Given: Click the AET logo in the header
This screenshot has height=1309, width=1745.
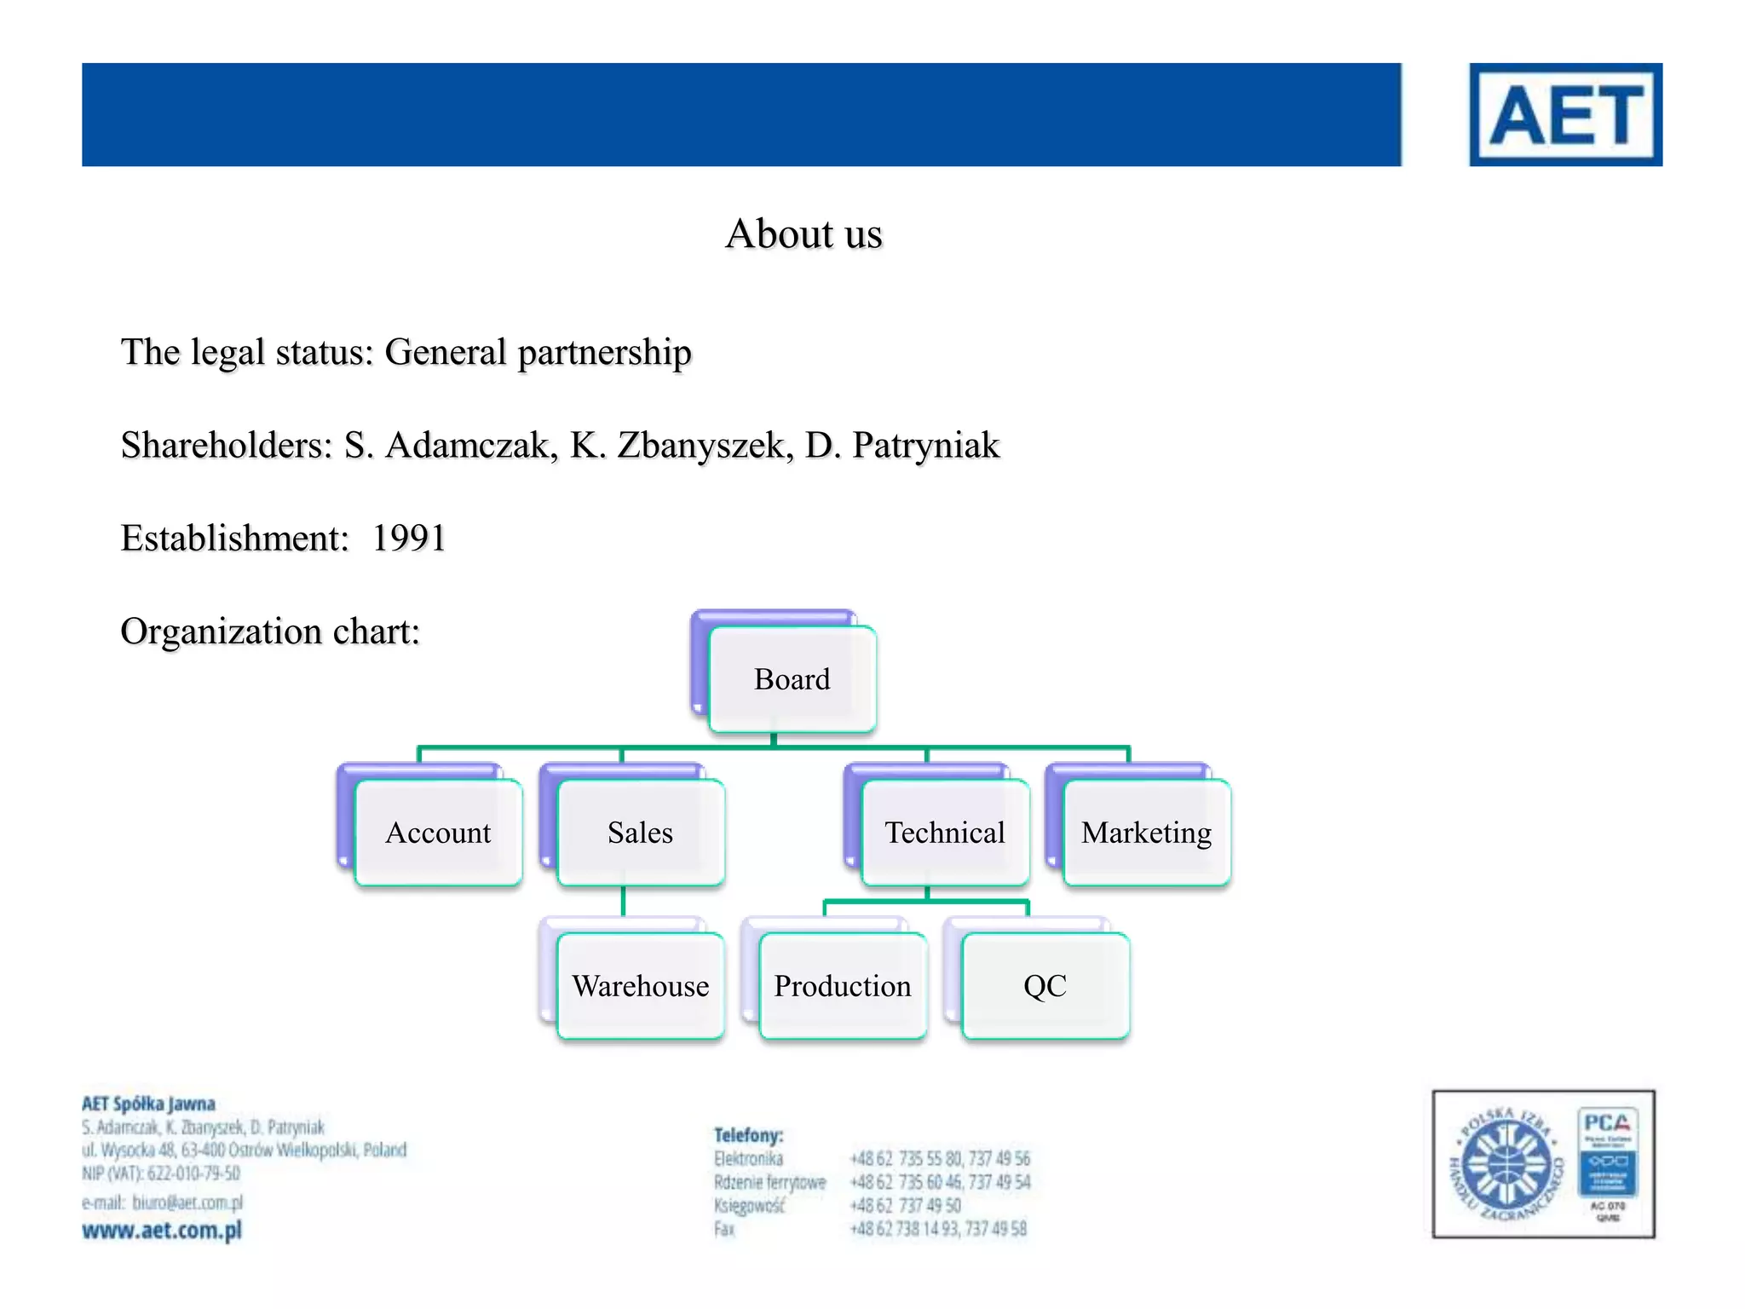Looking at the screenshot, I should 1565,114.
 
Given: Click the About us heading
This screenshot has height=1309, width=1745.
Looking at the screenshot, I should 803,234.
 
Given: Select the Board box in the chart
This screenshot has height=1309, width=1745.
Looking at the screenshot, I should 792,679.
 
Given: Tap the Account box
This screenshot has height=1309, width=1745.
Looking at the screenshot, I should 438,833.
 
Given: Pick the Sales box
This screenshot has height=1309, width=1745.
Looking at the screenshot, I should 640,833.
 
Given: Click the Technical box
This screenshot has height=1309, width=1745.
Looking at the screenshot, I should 945,833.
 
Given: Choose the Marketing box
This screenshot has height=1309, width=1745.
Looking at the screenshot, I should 1146,833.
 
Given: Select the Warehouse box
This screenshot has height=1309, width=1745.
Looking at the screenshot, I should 640,986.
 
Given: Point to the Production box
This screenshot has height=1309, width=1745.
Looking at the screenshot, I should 842,986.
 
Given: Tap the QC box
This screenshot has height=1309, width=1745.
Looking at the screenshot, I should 1045,986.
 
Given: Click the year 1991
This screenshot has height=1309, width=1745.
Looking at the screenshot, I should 409,539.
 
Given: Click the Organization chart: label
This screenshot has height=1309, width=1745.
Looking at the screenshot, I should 270,631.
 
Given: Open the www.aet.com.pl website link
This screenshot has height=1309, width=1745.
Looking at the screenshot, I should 162,1231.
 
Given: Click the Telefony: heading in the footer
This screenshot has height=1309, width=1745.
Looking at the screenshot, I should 748,1135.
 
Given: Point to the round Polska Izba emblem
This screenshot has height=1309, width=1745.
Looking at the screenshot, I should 1506,1164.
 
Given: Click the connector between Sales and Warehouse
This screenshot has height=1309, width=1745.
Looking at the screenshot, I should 623,902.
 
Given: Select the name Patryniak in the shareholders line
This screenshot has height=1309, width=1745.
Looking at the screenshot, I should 925,446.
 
